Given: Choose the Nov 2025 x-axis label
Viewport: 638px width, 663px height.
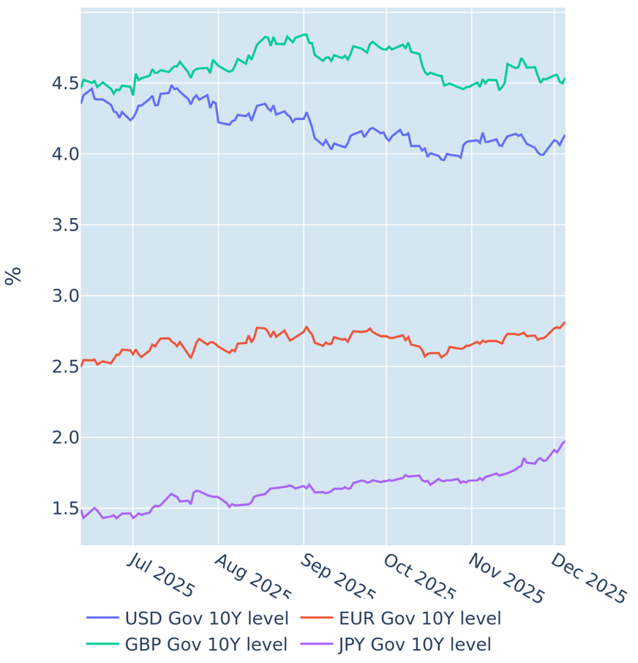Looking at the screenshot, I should pyautogui.click(x=506, y=578).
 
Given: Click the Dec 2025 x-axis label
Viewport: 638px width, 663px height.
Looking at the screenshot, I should pyautogui.click(x=588, y=578).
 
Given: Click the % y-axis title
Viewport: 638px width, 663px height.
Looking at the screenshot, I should pyautogui.click(x=13, y=276).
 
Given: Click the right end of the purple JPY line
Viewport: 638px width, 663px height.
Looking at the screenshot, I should pyautogui.click(x=564, y=441).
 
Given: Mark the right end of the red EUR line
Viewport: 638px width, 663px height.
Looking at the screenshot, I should pyautogui.click(x=564, y=322).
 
